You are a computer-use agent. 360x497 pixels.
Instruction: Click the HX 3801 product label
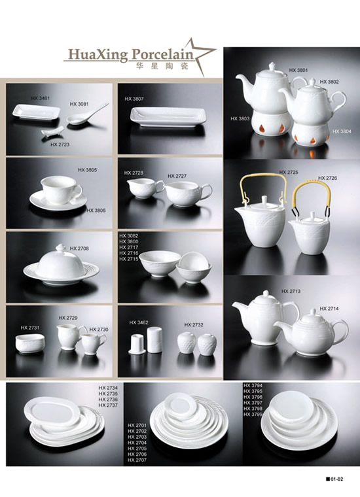(x=298, y=70)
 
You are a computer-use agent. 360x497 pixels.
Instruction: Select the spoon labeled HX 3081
(x=88, y=114)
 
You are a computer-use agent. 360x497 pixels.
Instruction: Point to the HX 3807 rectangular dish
(x=169, y=116)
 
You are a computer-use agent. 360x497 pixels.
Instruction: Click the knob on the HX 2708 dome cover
(x=60, y=248)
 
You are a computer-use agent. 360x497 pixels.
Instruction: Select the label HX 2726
(x=327, y=178)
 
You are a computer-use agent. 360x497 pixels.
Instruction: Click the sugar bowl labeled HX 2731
(x=30, y=345)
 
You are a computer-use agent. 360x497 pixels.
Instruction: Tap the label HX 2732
(x=194, y=324)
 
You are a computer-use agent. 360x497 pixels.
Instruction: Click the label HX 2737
(x=108, y=405)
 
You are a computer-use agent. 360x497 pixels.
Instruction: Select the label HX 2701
(x=137, y=425)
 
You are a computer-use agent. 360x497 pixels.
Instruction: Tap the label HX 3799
(x=253, y=414)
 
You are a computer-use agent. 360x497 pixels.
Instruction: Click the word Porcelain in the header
(x=162, y=54)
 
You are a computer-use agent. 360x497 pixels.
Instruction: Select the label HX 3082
(x=128, y=236)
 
